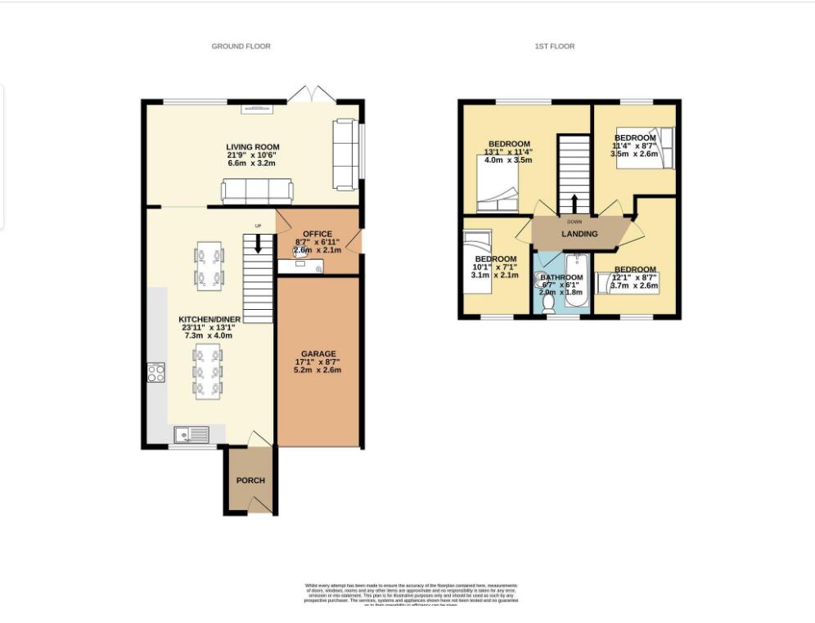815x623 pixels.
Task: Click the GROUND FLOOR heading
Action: pos(241,47)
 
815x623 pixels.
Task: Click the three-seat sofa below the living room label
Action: pos(257,191)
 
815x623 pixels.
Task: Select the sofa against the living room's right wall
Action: pos(344,153)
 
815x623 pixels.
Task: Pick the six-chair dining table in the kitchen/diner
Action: pos(206,370)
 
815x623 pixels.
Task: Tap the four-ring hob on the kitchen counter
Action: pos(155,373)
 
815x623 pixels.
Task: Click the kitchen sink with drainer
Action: pos(191,435)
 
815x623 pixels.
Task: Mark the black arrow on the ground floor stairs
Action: pos(258,243)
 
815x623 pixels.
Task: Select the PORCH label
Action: pos(250,480)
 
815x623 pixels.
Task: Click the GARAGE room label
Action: pos(318,354)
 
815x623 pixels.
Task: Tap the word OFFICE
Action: pos(318,234)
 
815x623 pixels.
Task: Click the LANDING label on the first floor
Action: pos(579,234)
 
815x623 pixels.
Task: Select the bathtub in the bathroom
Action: pos(576,282)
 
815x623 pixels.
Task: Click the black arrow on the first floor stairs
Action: pos(574,202)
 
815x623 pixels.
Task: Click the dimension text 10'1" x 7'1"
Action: pos(494,266)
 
